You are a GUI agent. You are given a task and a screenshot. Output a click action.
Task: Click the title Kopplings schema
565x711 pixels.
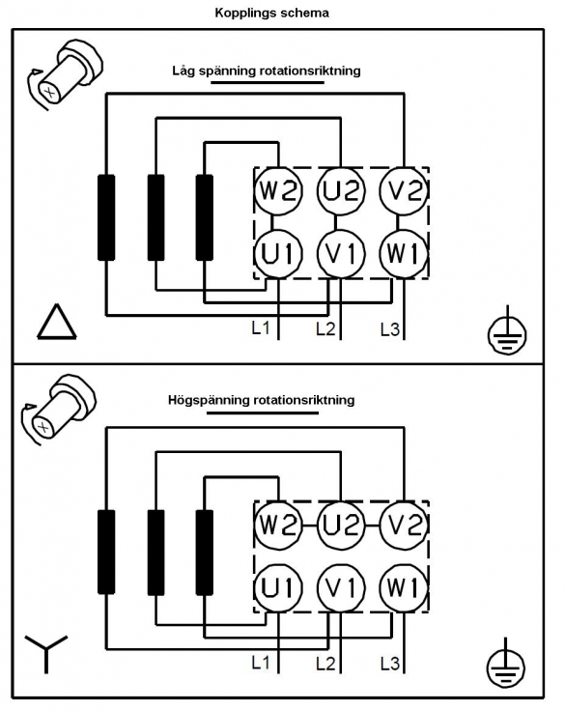271,13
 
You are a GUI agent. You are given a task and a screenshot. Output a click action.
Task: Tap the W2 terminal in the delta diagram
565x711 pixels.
278,190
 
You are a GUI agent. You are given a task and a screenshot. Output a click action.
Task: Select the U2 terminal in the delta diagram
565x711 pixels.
341,190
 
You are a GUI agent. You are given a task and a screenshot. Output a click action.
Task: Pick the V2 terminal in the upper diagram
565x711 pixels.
404,190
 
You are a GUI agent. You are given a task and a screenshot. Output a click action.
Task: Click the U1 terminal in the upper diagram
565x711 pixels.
278,253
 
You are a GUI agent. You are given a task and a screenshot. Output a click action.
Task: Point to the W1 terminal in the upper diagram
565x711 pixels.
404,253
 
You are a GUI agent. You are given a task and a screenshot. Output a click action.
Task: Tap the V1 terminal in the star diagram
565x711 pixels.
341,587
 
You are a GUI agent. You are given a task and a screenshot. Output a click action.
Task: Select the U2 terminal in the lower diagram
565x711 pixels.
341,526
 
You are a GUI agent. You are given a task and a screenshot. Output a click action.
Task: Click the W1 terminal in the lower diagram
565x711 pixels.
404,587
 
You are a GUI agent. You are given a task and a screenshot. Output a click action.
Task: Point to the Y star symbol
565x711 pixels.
45,653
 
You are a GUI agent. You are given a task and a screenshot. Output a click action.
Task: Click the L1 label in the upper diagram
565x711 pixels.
261,327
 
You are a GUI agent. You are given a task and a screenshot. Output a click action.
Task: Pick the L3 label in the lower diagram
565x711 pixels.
390,665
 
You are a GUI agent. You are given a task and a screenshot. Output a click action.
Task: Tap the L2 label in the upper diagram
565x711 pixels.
325,329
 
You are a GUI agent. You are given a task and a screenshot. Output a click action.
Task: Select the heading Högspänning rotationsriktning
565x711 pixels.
261,400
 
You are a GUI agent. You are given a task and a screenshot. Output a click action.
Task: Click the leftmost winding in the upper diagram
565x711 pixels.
106,217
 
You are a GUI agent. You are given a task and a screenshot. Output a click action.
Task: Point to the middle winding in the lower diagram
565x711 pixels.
156,553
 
